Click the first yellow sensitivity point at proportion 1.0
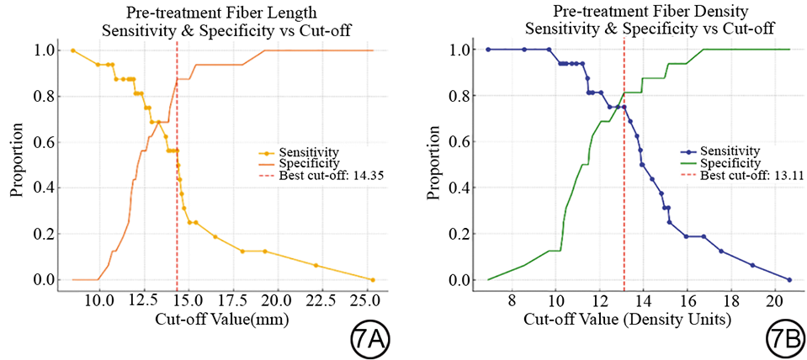[x=72, y=50]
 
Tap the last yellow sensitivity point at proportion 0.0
[x=373, y=279]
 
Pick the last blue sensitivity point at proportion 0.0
[x=789, y=279]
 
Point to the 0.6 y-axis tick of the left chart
[x=45, y=142]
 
